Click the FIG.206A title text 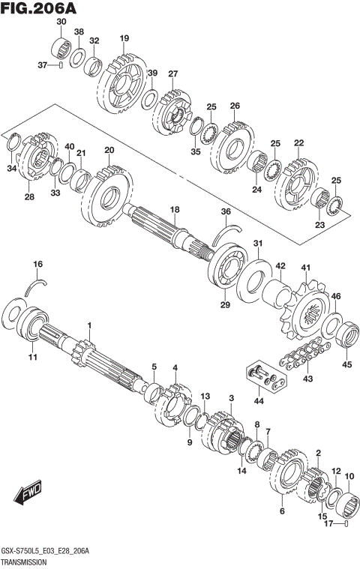[39, 8]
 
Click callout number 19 [124, 38]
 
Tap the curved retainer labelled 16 [36, 282]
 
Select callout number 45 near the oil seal [346, 365]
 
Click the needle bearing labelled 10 [351, 500]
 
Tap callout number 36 [225, 212]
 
